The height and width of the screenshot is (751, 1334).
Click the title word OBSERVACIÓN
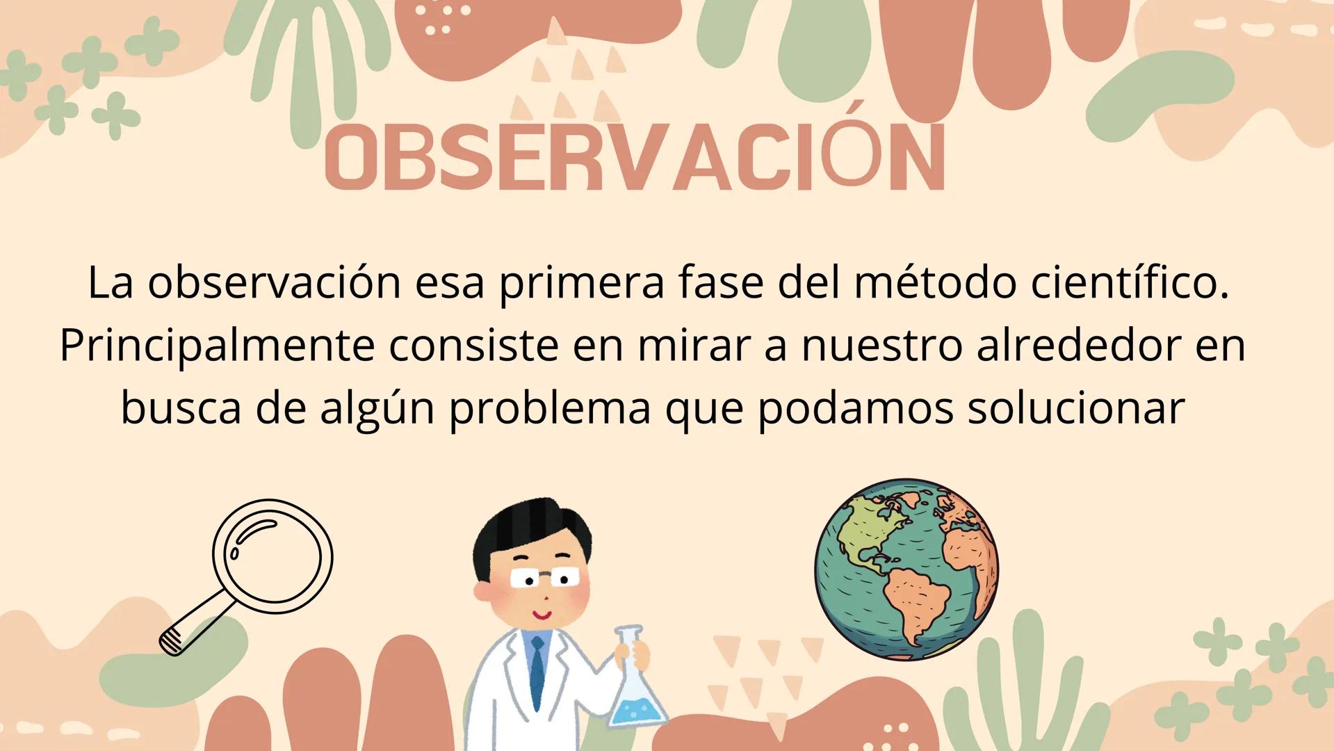tap(635, 159)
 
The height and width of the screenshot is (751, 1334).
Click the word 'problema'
tap(549, 407)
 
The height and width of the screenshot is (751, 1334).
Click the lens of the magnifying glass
tap(273, 556)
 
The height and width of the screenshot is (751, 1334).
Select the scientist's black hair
tap(532, 526)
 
